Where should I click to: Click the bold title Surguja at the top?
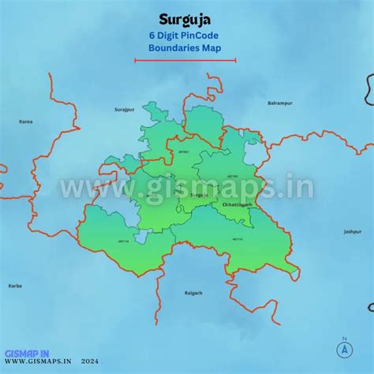pyautogui.click(x=185, y=18)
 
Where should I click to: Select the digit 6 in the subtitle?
pyautogui.click(x=151, y=36)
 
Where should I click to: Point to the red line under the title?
pyautogui.click(x=185, y=60)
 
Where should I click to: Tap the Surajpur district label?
pyautogui.click(x=125, y=109)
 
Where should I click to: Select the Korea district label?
pyautogui.click(x=26, y=122)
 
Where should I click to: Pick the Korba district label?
pyautogui.click(x=15, y=286)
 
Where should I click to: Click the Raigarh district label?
pyautogui.click(x=193, y=293)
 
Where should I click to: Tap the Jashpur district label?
pyautogui.click(x=351, y=232)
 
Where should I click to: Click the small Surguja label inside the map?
pyautogui.click(x=199, y=194)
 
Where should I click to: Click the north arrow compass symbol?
pyautogui.click(x=344, y=347)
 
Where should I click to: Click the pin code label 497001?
pyautogui.click(x=185, y=151)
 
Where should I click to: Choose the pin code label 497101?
pyautogui.click(x=233, y=176)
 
